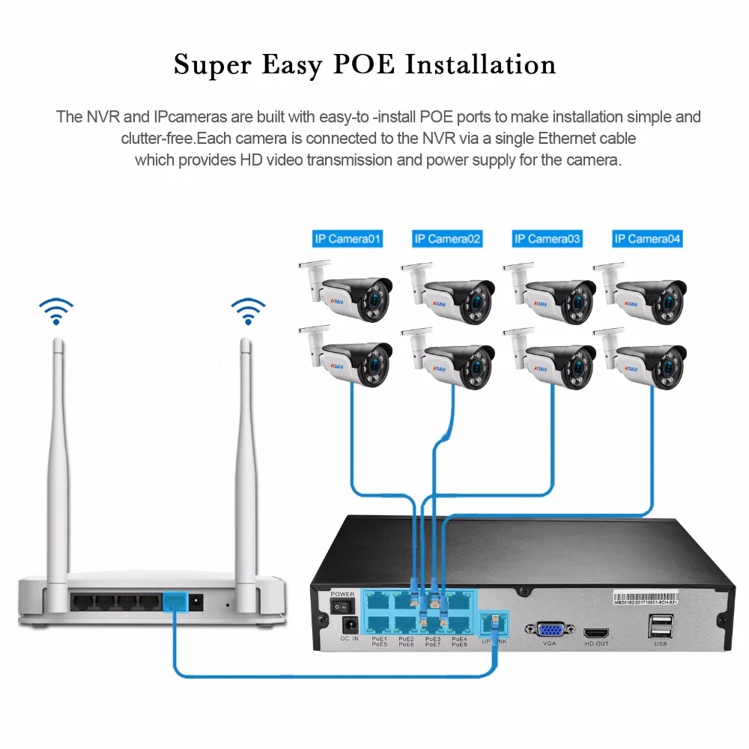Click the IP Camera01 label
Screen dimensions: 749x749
[348, 239]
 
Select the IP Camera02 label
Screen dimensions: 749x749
[447, 239]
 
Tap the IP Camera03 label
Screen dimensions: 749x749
[547, 239]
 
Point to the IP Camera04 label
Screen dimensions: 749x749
[647, 239]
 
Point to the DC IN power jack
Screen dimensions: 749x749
[349, 625]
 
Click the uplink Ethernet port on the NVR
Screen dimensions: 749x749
[495, 621]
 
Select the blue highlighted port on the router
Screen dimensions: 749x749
[174, 601]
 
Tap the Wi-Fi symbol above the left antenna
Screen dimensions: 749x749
[56, 311]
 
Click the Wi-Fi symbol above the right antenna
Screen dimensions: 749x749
[248, 311]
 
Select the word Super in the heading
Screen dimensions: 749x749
[211, 65]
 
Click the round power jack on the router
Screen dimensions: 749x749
[198, 600]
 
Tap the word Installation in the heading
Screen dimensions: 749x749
[481, 64]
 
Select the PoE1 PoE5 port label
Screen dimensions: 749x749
[380, 641]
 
